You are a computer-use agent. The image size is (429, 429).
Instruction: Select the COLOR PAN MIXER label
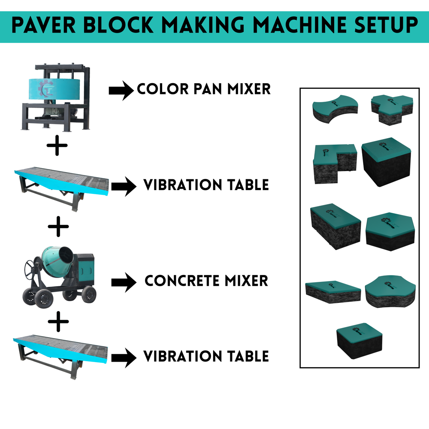point(204,89)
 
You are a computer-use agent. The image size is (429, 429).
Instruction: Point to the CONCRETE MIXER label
point(206,281)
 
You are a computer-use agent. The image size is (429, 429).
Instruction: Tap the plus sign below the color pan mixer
point(57,146)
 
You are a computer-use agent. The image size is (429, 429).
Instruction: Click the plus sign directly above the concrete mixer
point(59,227)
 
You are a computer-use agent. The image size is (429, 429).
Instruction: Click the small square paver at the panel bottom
point(360,341)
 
